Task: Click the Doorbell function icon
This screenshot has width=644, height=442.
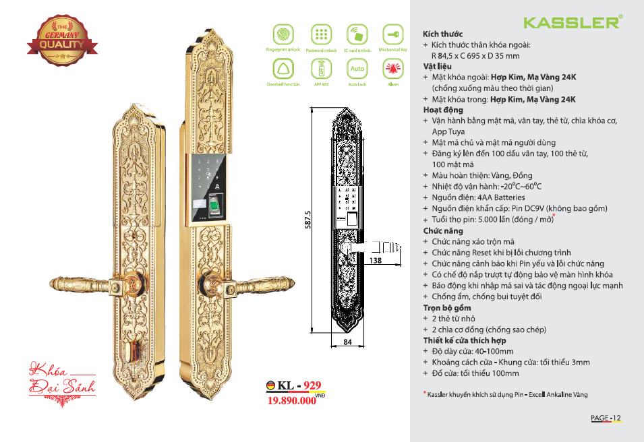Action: [283, 69]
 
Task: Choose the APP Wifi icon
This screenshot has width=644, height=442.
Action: [320, 69]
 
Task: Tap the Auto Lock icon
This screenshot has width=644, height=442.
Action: [357, 69]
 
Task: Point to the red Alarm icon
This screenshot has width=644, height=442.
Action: [393, 69]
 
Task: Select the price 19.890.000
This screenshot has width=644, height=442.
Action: [292, 400]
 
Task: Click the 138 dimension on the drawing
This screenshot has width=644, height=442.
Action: [376, 260]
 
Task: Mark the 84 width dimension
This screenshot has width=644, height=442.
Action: [348, 342]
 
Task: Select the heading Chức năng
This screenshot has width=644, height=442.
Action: [443, 230]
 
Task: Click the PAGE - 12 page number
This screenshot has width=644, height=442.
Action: [606, 418]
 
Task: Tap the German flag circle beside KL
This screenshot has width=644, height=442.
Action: [271, 386]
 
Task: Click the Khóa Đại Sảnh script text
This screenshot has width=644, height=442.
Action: [61, 379]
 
